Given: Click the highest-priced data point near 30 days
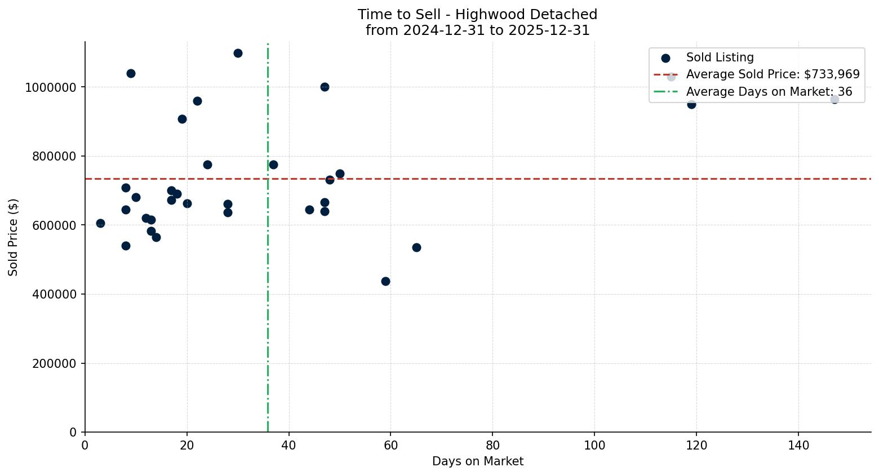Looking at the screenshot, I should (238, 53).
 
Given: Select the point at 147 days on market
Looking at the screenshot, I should (834, 99).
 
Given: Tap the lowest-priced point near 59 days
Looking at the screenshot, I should (385, 281).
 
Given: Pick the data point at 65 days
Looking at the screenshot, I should (416, 247).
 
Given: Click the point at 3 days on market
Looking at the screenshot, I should (100, 223).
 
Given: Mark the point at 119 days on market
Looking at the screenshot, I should (691, 104).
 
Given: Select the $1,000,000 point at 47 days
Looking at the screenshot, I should (325, 87).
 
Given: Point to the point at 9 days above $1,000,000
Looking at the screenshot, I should (131, 73).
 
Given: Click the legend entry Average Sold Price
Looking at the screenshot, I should (773, 74).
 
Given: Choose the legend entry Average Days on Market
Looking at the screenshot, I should (769, 92).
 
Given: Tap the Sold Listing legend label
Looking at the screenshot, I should (720, 57).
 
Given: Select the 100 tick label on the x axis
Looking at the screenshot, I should (594, 446).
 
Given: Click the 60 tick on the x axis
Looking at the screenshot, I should (390, 446).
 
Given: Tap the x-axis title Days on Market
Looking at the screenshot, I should (477, 461).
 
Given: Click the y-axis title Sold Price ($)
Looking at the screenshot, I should (13, 237).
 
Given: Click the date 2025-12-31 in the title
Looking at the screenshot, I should (549, 30).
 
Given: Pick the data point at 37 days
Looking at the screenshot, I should (273, 164).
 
